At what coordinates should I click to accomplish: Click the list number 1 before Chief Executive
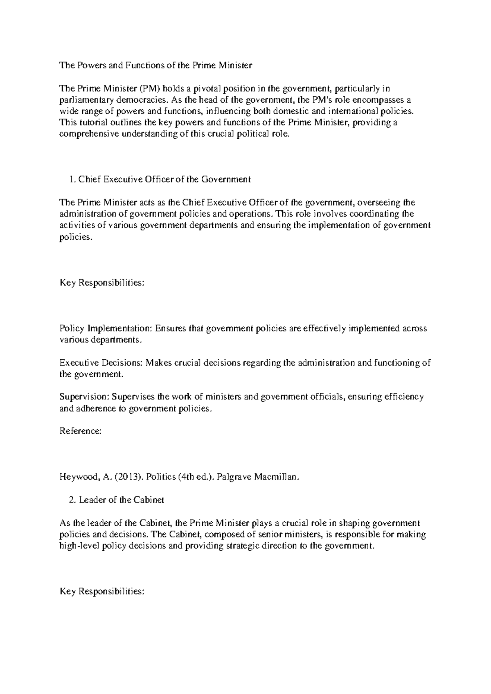tap(72, 179)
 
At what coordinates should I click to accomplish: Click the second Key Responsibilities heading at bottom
tap(102, 591)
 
